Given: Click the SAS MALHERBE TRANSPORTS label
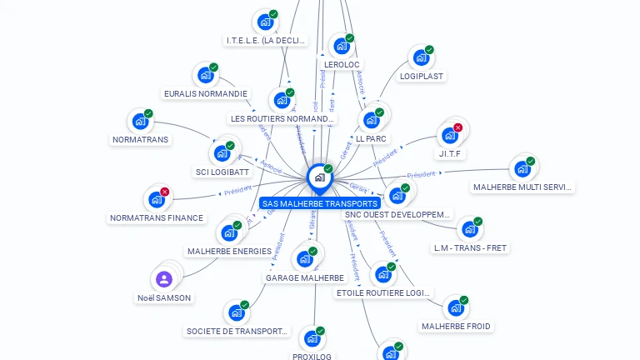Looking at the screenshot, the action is (x=319, y=203).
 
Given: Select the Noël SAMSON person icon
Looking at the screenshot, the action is (x=164, y=279).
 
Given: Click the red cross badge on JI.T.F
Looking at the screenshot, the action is (x=457, y=127).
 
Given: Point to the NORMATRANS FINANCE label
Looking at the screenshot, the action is (x=157, y=218).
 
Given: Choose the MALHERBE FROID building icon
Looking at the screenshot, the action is (x=455, y=308).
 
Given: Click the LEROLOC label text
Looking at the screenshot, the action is (x=342, y=64).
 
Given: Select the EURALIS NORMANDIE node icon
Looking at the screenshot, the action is (x=205, y=76).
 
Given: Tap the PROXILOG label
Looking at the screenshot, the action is (x=312, y=357).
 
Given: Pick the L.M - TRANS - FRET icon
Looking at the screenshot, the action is (x=469, y=230).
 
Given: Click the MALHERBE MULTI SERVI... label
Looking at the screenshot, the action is (x=523, y=187).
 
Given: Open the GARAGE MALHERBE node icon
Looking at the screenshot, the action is (x=305, y=259).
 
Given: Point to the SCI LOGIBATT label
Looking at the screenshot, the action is (x=222, y=172).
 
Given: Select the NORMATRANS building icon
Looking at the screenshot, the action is (x=140, y=122).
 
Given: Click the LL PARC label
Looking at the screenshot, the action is (x=372, y=138).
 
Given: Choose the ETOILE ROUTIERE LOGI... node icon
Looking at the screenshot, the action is (x=382, y=274).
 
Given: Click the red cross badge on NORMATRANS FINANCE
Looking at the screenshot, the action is (x=164, y=192).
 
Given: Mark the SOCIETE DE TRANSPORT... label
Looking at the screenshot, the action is (x=237, y=331).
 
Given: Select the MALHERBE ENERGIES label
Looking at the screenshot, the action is (x=229, y=251).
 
